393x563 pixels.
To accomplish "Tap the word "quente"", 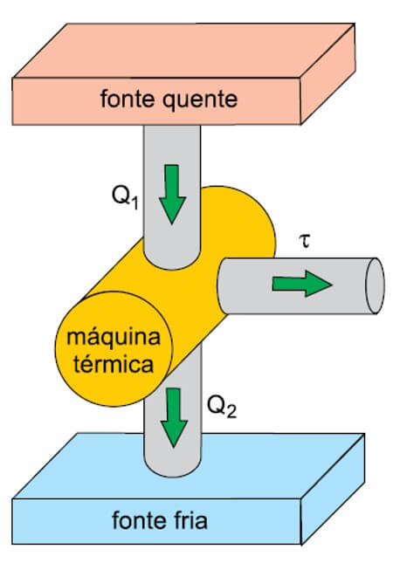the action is click(x=201, y=100).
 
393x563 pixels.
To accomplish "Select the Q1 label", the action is click(x=125, y=196).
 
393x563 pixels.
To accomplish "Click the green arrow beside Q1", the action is click(x=172, y=195).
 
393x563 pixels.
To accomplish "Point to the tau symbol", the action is click(x=305, y=241).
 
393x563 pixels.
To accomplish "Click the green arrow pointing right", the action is click(x=302, y=284).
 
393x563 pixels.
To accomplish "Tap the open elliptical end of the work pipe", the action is click(x=375, y=285).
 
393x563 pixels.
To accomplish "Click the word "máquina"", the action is click(x=114, y=337).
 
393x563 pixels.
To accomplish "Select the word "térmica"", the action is click(x=114, y=364).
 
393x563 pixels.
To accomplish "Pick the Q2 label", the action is click(x=222, y=407).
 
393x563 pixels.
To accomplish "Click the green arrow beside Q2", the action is click(x=174, y=417).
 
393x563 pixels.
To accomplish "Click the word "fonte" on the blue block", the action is click(x=138, y=520).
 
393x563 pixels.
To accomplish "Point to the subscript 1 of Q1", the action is click(x=134, y=203).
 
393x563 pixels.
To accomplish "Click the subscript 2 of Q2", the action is click(x=232, y=413).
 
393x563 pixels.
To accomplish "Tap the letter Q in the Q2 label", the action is click(x=217, y=405).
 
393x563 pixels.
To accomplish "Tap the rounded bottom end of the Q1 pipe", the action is click(x=171, y=261).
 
